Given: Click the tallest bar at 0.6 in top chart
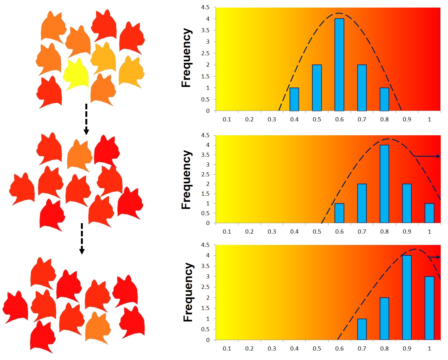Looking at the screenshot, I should [x=339, y=65].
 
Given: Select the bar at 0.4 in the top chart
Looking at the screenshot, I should [x=294, y=99].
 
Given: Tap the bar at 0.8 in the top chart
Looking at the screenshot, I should [x=384, y=99].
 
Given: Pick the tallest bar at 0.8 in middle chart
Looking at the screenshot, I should [x=384, y=184].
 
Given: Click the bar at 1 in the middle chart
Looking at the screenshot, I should [x=429, y=213].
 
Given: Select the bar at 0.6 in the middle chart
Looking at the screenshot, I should [x=339, y=213].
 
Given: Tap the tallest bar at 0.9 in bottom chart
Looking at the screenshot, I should [x=407, y=297].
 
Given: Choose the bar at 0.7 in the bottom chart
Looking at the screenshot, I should [x=362, y=329].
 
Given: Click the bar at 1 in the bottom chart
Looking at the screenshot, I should [x=429, y=308].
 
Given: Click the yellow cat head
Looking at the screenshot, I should [x=76, y=75].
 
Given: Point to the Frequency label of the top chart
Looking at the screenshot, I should [x=187, y=58].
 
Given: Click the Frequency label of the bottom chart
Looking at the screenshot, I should [x=188, y=292].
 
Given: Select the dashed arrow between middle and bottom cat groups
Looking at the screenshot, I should [x=82, y=239].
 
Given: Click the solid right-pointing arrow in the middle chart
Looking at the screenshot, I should [x=427, y=156].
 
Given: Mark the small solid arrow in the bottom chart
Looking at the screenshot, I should [x=435, y=257].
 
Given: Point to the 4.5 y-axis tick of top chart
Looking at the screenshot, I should [x=205, y=7].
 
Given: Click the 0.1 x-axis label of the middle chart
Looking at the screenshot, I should [x=227, y=232].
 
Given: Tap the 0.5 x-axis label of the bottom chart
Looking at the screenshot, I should [x=317, y=349].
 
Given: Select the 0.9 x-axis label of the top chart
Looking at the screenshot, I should [x=407, y=119].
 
